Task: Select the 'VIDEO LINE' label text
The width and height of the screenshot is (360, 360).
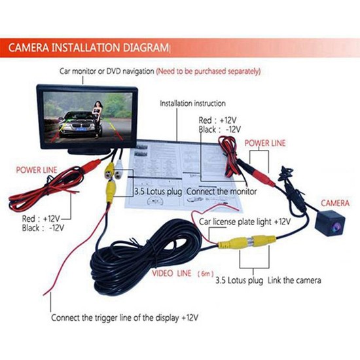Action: [171, 272]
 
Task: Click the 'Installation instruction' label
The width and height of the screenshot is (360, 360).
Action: [192, 103]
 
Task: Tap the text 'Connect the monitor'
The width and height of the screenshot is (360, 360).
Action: [222, 191]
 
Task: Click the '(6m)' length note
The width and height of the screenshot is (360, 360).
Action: [204, 272]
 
